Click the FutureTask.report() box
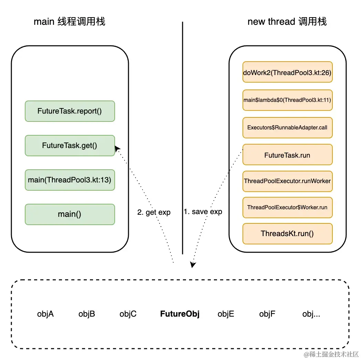pyautogui.click(x=70, y=111)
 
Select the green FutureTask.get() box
pyautogui.click(x=70, y=146)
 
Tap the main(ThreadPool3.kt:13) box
pyautogui.click(x=70, y=180)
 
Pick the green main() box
pyautogui.click(x=70, y=214)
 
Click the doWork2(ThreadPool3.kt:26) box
pyautogui.click(x=287, y=72)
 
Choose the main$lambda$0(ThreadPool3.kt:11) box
pyautogui.click(x=287, y=100)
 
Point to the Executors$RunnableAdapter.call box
pyautogui.click(x=287, y=127)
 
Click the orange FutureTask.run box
pyautogui.click(x=287, y=155)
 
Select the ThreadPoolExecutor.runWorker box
pyautogui.click(x=287, y=181)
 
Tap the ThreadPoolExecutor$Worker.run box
pyautogui.click(x=287, y=208)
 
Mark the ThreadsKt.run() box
pyautogui.click(x=287, y=234)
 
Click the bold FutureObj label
pyautogui.click(x=180, y=314)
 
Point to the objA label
pyautogui.click(x=45, y=314)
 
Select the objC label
pyautogui.click(x=128, y=314)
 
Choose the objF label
pyautogui.click(x=267, y=314)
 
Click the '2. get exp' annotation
pyautogui.click(x=154, y=212)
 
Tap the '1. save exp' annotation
pyautogui.click(x=203, y=212)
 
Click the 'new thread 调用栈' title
pyautogui.click(x=287, y=22)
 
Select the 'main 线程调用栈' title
pyautogui.click(x=69, y=22)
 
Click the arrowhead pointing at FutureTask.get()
pyautogui.click(x=117, y=148)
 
